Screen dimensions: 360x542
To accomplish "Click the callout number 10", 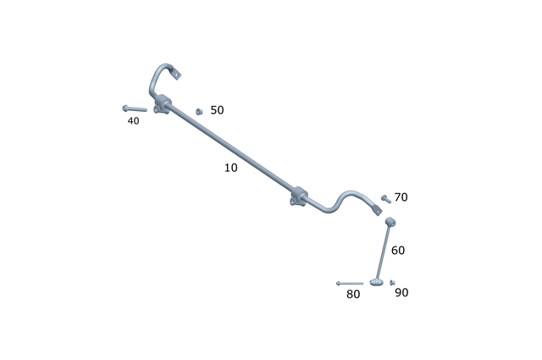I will [x=230, y=168].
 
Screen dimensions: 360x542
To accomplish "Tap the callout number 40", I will [x=134, y=121].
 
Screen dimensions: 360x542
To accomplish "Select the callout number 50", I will [x=217, y=110].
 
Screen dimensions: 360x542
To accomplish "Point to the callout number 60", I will [x=398, y=250].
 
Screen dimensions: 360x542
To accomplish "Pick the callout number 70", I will [x=401, y=197].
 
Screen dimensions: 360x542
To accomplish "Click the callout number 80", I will [x=353, y=294].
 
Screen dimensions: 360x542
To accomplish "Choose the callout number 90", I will [x=401, y=292].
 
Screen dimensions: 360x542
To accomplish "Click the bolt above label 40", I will [x=134, y=108].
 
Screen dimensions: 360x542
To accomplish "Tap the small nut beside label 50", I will [x=198, y=111].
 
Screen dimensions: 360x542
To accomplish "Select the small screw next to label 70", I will [x=384, y=197].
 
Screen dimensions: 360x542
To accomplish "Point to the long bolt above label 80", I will [x=349, y=283].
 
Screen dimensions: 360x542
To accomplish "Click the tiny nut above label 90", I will [x=392, y=283].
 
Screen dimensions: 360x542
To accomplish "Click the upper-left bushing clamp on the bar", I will [x=163, y=106].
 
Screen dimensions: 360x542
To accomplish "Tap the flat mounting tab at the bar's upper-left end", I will [x=177, y=74].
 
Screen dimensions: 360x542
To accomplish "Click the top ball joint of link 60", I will [x=390, y=223].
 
